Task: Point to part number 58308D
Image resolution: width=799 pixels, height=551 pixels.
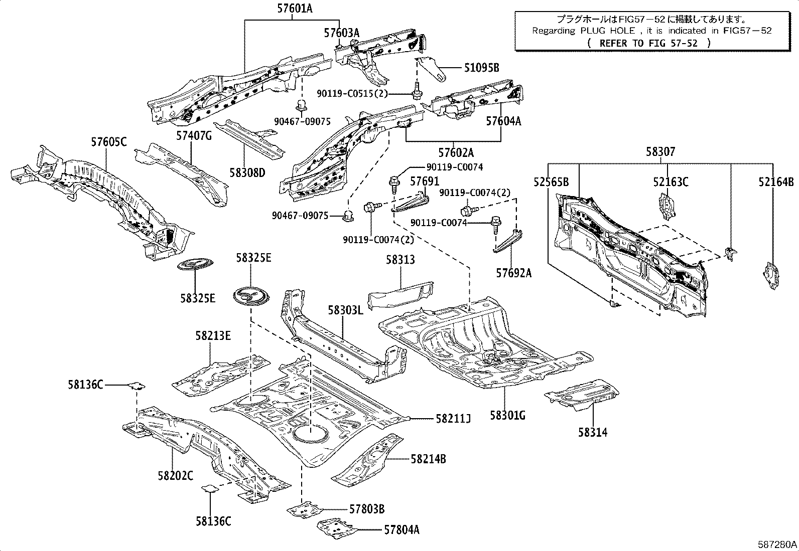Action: point(247,173)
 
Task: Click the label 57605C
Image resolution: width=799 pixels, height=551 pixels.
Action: point(108,142)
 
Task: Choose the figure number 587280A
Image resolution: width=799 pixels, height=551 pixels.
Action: point(777,544)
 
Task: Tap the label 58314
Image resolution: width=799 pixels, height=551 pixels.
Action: point(592,432)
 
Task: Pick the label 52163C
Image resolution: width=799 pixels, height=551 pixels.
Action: point(671,182)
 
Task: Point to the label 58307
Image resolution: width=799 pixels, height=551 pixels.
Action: point(660,151)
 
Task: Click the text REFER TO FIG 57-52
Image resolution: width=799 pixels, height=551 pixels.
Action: point(648,43)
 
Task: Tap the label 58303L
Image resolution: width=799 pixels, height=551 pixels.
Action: point(345,310)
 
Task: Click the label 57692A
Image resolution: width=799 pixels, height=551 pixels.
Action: point(513,273)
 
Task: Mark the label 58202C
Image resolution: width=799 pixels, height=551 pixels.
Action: point(175,475)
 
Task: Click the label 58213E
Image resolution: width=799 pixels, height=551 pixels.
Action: point(213,335)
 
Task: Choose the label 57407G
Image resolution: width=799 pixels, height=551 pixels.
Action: point(194,135)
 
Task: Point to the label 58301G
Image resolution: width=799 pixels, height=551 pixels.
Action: point(507,415)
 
